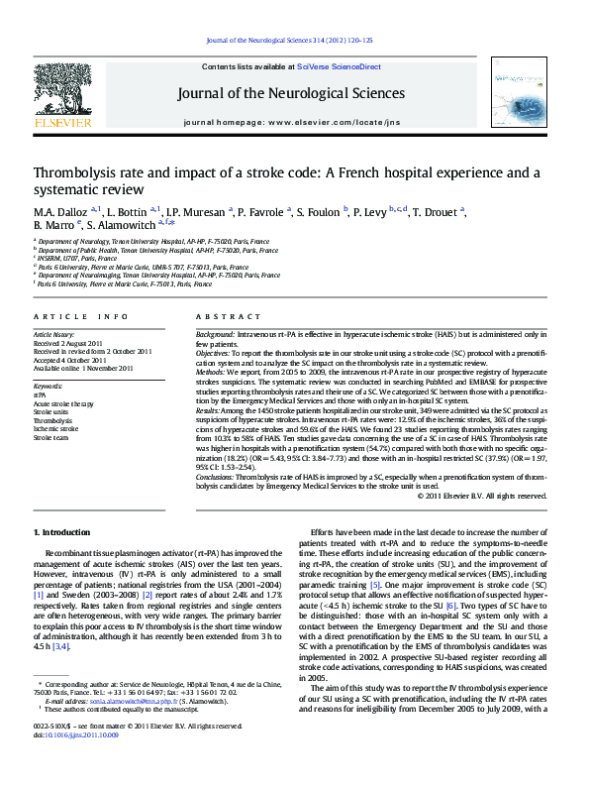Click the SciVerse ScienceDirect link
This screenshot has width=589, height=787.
(339, 66)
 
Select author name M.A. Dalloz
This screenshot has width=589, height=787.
(61, 211)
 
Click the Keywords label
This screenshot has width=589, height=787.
(49, 385)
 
